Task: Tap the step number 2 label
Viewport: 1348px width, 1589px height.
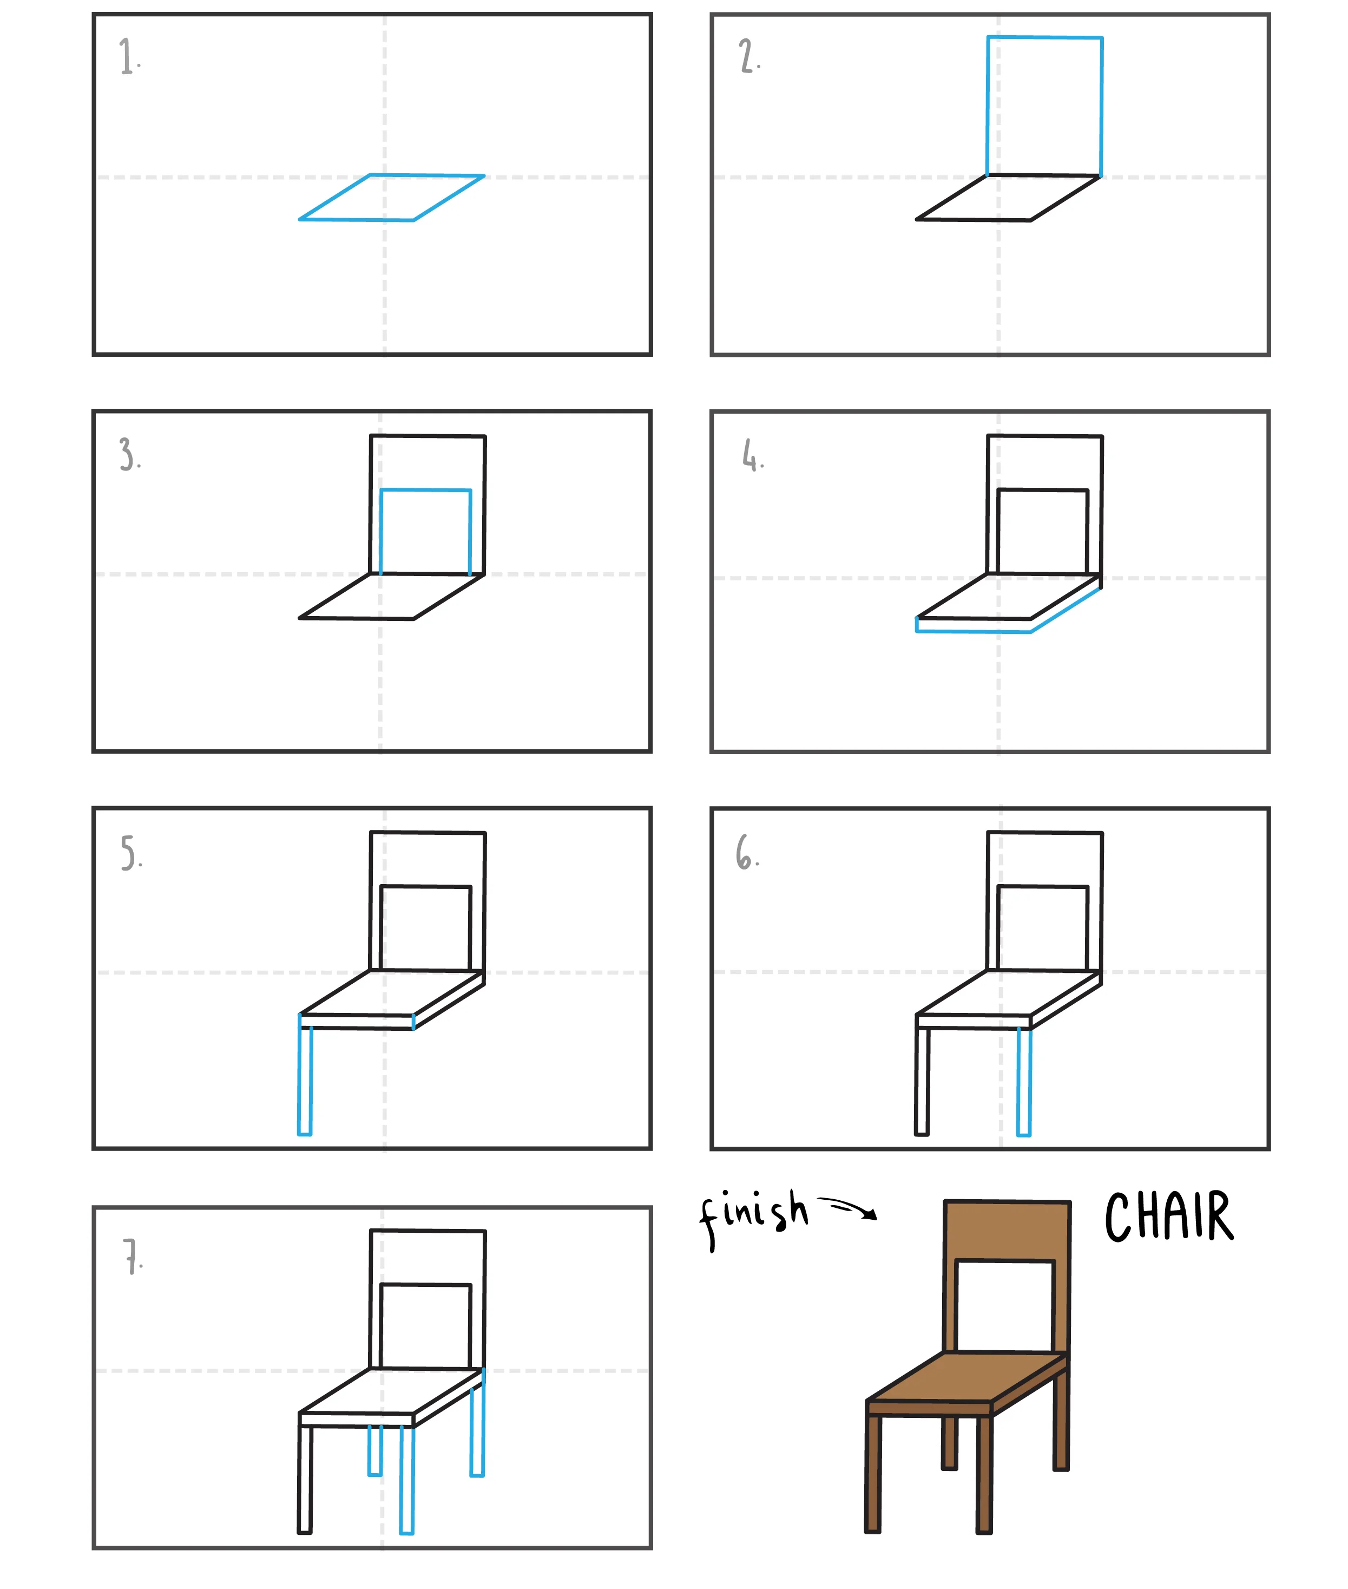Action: tap(749, 56)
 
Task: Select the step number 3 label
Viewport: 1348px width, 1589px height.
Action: tap(130, 454)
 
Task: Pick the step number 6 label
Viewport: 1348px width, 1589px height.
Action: tap(747, 852)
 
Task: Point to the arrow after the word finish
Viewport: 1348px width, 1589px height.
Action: tap(847, 1208)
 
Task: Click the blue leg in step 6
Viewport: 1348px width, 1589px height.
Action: tap(1024, 1082)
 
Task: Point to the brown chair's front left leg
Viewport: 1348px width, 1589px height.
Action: tap(873, 1474)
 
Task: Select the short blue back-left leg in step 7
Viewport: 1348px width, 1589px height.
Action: tap(375, 1450)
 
